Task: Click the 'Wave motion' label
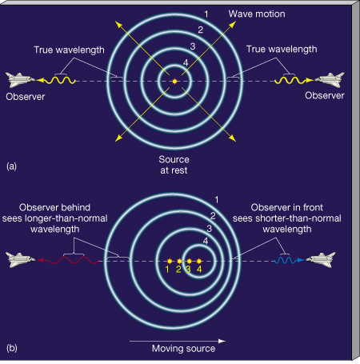pos(257,14)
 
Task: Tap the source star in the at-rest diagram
pos(174,82)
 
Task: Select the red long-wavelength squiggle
pos(68,260)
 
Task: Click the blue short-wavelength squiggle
pos(289,260)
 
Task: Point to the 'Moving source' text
pos(183,349)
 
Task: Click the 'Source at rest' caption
pos(174,165)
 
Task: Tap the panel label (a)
pos(11,166)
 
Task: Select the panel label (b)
pos(12,348)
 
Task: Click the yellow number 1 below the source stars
pos(167,270)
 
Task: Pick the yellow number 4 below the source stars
pos(199,270)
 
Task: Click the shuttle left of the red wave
pos(20,260)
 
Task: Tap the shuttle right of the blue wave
pos(321,260)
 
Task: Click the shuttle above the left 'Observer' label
pos(20,80)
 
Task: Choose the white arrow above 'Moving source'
pos(178,341)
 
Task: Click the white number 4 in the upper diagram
pos(186,63)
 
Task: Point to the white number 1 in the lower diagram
pos(217,199)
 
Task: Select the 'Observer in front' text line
pos(287,207)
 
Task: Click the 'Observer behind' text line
pos(54,207)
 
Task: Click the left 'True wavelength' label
pos(69,50)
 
